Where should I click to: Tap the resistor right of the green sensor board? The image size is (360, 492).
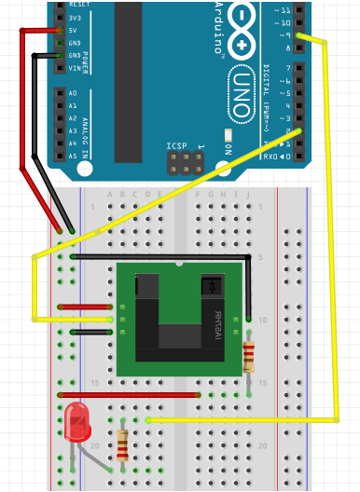coord(248,355)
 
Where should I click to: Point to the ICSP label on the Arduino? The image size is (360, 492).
coord(177,146)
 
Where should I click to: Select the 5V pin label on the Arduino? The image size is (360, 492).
coord(73,29)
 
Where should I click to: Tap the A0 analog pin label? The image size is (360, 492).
coord(73,93)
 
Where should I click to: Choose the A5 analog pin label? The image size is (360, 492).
coord(73,156)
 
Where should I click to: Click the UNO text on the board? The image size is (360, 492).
coord(241,93)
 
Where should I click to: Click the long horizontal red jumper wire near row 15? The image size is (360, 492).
coord(131,394)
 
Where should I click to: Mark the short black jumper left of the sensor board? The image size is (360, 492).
coord(91,331)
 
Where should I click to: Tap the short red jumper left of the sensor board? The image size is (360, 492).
coord(86,307)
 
